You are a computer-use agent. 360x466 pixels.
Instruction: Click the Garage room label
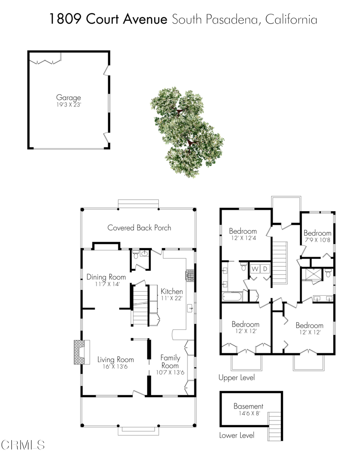point(68,97)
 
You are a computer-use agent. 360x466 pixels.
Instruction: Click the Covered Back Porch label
point(139,228)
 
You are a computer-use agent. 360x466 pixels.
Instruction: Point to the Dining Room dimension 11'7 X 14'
point(106,284)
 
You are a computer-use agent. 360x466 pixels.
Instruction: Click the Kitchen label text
point(172,291)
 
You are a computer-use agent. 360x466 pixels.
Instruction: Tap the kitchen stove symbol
point(189,275)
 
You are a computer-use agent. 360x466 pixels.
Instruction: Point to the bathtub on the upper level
point(232,297)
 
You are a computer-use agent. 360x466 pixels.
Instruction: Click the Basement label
point(248,406)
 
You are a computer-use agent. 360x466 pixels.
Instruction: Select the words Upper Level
point(236,378)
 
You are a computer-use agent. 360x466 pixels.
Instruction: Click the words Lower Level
point(236,436)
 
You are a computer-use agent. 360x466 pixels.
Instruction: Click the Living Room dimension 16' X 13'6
point(116,367)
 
